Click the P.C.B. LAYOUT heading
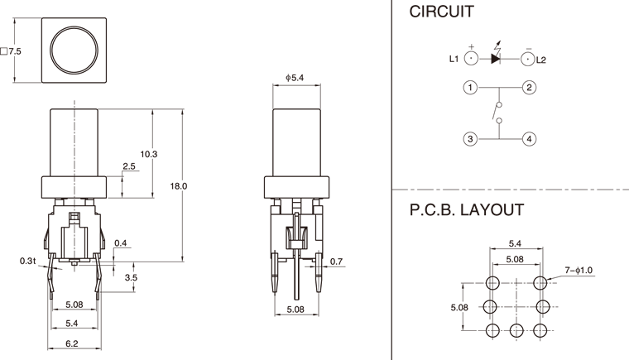[466, 210]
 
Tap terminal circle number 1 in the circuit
[470, 87]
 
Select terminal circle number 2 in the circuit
[530, 87]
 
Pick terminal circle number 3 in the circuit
[470, 139]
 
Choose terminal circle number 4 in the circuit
[530, 139]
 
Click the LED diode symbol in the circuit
[499, 59]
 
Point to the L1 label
[454, 59]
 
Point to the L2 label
[541, 60]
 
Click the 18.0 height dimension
[178, 186]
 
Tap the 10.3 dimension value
[149, 154]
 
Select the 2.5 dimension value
[129, 167]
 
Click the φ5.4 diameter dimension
[296, 78]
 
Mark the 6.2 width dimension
[74, 343]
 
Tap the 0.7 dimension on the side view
[335, 262]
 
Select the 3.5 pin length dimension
[131, 278]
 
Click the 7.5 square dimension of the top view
[12, 51]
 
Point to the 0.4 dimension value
[121, 243]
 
